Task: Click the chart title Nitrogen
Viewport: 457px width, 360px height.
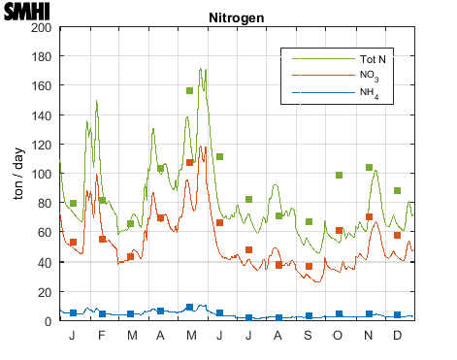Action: [x=237, y=18]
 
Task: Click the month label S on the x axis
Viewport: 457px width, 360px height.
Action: [x=309, y=335]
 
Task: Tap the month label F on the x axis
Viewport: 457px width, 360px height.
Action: [x=102, y=335]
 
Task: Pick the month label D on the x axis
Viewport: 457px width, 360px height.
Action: [x=397, y=335]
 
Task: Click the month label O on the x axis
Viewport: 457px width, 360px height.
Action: [x=339, y=335]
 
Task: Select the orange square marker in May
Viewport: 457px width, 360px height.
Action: [x=190, y=162]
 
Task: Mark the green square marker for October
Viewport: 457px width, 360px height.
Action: [x=339, y=176]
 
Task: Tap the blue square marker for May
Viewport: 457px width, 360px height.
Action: [x=190, y=308]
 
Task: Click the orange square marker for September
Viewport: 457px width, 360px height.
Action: [x=310, y=266]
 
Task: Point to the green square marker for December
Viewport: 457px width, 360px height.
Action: [x=397, y=191]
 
